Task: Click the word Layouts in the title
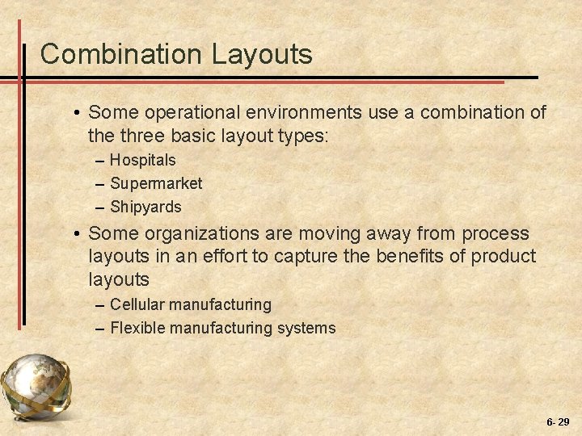pos(262,55)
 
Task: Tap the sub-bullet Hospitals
pos(142,161)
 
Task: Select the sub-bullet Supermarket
pos(156,183)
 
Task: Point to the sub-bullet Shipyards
pos(145,207)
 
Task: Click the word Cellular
pos(139,304)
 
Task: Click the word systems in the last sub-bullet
pos(306,328)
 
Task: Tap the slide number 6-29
pos(557,421)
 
